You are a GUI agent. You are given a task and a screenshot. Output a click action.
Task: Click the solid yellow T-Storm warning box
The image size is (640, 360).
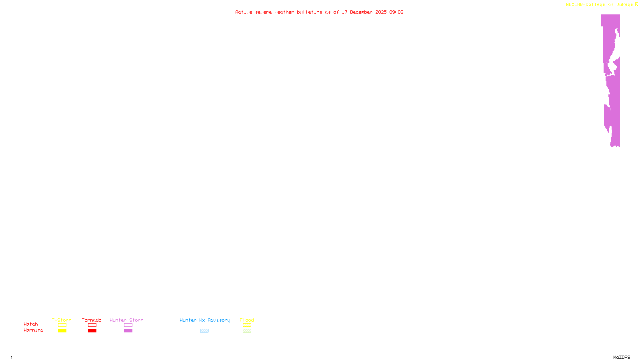(62, 331)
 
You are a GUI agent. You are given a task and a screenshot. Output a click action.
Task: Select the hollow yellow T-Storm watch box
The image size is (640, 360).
(62, 325)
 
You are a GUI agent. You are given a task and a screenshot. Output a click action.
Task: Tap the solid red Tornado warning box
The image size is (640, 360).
(92, 331)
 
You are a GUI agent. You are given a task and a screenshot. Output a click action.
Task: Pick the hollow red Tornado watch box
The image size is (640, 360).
(92, 325)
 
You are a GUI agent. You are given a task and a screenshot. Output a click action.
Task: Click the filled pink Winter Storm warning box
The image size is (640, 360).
(128, 331)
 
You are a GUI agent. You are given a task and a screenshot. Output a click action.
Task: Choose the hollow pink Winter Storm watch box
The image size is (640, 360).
(128, 325)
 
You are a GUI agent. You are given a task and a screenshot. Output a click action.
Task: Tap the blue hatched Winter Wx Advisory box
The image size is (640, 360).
(204, 331)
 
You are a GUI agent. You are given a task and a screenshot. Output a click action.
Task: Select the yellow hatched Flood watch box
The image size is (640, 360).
(247, 325)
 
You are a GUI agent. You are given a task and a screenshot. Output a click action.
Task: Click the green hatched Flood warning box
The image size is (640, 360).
(247, 331)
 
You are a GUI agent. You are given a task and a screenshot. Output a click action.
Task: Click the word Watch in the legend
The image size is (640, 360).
(31, 324)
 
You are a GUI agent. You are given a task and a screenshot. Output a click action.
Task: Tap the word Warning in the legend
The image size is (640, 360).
(34, 330)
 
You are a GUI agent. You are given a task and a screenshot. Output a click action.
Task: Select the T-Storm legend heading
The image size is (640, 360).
(62, 320)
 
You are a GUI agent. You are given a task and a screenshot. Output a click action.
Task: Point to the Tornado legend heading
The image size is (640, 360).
(92, 320)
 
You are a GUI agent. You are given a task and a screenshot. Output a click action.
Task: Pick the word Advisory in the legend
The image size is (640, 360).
(219, 320)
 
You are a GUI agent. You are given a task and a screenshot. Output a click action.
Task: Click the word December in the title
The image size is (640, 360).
(361, 12)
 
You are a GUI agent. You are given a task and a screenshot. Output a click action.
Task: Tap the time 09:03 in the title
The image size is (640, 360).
(396, 12)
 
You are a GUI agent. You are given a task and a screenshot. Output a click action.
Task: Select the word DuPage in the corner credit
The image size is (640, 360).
(624, 5)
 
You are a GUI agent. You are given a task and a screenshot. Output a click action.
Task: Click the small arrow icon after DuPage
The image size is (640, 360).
(636, 4)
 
